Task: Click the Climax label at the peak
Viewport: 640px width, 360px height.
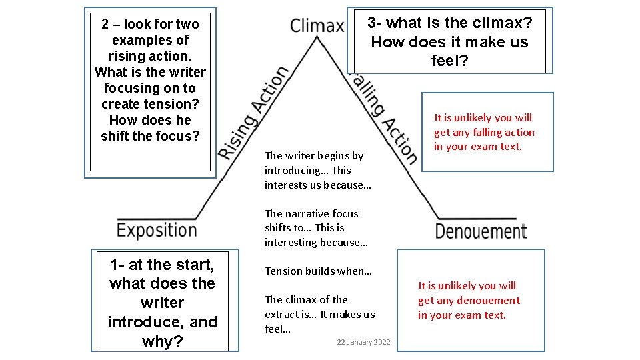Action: point(317,26)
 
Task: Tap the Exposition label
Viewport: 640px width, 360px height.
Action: point(157,231)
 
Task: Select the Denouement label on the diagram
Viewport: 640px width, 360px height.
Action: point(481,231)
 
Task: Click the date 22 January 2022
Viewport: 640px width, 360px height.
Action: point(363,342)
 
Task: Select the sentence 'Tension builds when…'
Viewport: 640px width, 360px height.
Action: point(318,271)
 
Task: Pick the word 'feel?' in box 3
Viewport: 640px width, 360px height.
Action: point(450,61)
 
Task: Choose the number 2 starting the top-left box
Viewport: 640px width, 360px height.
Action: point(105,25)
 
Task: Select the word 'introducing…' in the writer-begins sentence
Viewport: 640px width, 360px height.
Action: point(296,170)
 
